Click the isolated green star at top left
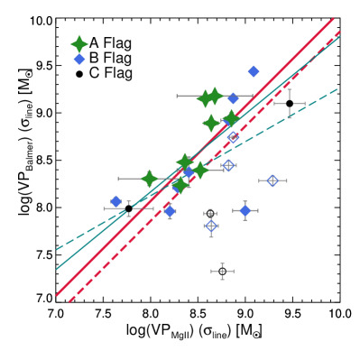click(79, 44)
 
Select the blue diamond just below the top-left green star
click(79, 60)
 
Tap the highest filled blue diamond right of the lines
click(254, 71)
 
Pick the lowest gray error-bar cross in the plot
click(222, 271)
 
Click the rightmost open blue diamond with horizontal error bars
click(272, 180)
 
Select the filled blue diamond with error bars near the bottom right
click(245, 210)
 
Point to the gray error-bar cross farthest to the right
click(289, 103)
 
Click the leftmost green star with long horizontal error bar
click(149, 179)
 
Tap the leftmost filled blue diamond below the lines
click(116, 201)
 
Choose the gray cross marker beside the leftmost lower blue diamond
click(129, 208)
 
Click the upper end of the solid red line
click(333, 19)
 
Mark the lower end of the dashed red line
click(69, 301)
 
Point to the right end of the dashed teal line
click(337, 89)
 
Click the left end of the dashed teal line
click(57, 249)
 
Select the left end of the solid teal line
click(57, 268)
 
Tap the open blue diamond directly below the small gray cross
click(210, 226)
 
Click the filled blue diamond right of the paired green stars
click(233, 97)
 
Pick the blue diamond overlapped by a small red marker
click(170, 210)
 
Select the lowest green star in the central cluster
click(180, 185)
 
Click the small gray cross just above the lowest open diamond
click(210, 214)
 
